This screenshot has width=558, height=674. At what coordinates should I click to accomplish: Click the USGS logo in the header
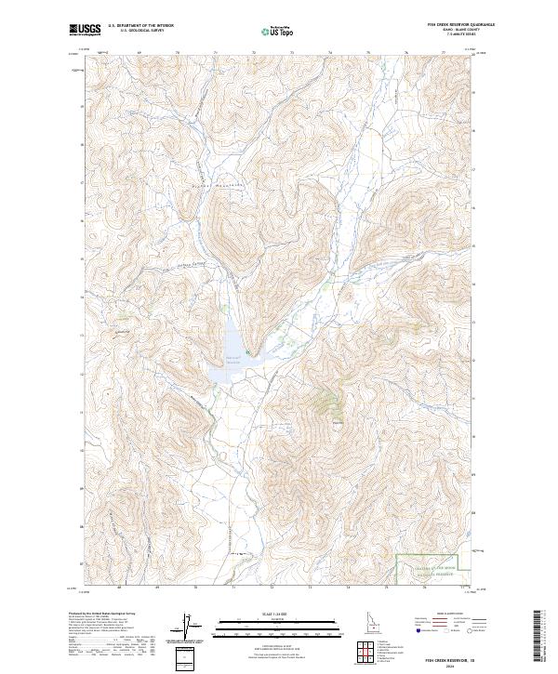[x=86, y=30]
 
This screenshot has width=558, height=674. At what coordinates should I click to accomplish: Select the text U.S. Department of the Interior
[x=140, y=27]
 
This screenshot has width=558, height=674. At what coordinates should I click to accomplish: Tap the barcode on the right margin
[x=538, y=634]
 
